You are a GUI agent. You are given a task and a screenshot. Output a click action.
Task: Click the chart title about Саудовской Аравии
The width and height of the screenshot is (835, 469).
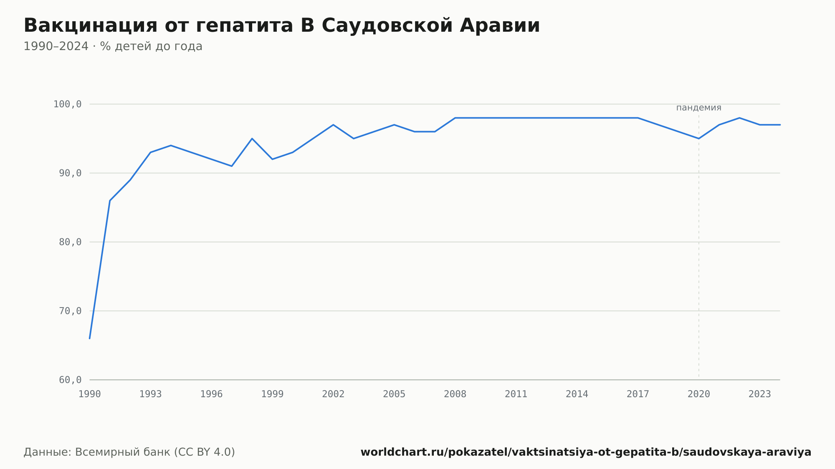(282, 25)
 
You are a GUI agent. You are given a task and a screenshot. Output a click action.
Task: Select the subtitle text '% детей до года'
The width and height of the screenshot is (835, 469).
(151, 46)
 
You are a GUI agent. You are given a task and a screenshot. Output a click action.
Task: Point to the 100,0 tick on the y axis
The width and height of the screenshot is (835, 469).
(67, 104)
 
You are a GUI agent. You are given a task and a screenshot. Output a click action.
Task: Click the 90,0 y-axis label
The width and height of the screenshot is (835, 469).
(70, 173)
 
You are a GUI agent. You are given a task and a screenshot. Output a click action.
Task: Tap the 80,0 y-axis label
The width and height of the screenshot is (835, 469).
(70, 242)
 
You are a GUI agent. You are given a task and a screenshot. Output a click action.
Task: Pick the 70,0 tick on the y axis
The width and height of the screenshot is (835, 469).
(70, 311)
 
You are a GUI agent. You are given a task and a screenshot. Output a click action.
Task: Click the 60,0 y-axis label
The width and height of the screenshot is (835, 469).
(70, 380)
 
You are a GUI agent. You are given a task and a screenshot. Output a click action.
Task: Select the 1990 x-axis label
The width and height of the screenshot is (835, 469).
(90, 394)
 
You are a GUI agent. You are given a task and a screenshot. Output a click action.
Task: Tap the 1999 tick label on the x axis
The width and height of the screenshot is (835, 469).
(272, 394)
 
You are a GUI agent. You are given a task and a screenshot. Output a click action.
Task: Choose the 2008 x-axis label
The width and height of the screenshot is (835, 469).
(455, 394)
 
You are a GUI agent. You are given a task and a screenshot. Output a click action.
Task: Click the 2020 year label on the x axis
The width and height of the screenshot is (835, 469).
(699, 394)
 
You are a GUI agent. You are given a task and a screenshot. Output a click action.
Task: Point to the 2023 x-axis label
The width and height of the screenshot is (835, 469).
(760, 394)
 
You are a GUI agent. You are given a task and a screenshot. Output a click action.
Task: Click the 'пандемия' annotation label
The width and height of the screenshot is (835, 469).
(699, 108)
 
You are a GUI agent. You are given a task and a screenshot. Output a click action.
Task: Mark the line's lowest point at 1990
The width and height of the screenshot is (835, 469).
(90, 338)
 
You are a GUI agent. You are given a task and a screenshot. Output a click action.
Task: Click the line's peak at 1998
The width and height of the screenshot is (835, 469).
(252, 139)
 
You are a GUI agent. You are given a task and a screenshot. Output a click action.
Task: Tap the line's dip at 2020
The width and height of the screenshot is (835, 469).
(699, 139)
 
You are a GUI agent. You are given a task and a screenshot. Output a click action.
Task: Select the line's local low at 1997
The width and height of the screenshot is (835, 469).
(232, 166)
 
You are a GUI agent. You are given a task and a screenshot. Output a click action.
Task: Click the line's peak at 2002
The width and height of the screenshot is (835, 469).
(333, 125)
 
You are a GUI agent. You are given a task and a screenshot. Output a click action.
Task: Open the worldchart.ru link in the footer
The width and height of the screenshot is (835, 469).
(586, 452)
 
